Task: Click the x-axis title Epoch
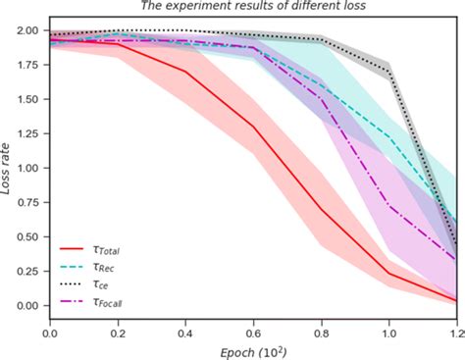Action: click(x=254, y=350)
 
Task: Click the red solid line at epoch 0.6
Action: click(x=254, y=127)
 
